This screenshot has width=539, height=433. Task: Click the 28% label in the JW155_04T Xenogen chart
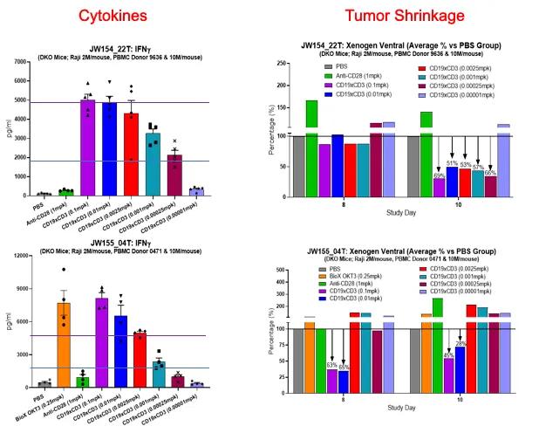coord(461,343)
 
